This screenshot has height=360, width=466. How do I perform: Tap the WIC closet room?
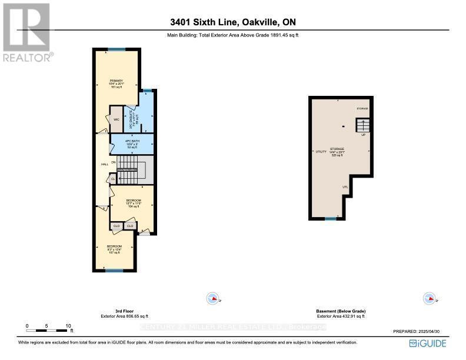pos(116,119)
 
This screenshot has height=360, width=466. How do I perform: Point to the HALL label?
pos(104,164)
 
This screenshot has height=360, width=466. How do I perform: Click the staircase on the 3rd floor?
pos(134,169)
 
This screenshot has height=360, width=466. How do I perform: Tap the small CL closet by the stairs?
pos(112,179)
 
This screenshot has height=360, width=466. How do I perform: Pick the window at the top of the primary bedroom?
pos(116,50)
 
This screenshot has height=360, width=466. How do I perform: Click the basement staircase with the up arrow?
pos(363,125)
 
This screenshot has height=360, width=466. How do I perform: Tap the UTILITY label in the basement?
pos(321,152)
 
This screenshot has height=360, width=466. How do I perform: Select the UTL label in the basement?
pos(345,188)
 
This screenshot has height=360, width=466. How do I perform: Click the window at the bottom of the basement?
pos(331,219)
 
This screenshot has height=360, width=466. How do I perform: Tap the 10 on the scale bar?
pos(68,325)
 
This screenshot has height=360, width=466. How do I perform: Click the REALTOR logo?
pos(27,32)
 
